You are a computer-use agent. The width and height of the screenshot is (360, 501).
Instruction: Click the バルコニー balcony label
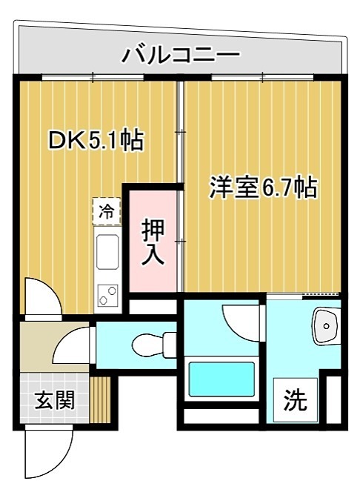point(181,54)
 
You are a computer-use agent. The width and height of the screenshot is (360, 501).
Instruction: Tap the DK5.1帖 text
point(96,140)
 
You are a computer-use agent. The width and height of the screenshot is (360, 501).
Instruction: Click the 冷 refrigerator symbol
point(106,210)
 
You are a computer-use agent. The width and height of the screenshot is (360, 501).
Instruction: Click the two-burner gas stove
point(107,295)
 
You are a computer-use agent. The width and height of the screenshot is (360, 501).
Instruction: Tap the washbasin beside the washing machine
point(324,326)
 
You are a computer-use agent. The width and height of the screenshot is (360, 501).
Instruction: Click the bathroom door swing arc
point(241,321)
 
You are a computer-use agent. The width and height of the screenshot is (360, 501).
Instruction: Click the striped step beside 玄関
point(100,400)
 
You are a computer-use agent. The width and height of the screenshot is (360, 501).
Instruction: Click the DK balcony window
point(93,76)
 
